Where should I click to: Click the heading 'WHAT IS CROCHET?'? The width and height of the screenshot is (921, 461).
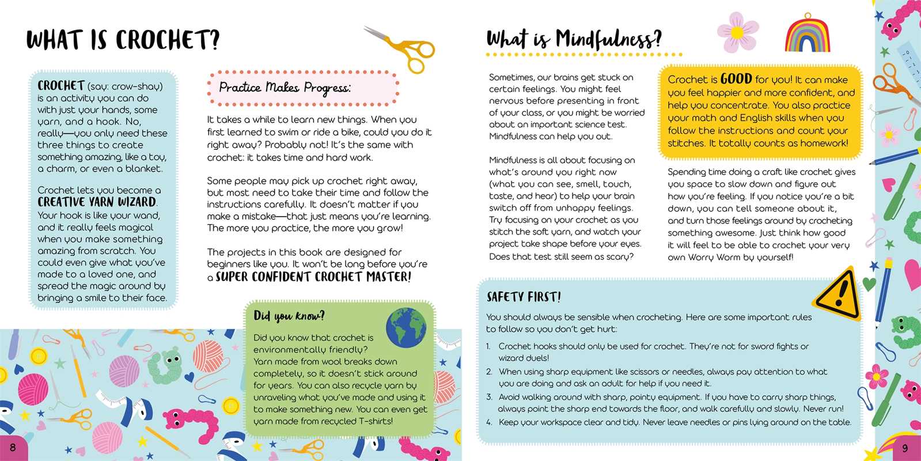123,40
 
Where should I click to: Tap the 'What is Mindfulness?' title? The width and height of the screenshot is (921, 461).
574,39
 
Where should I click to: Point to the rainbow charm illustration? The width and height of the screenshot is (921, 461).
808,35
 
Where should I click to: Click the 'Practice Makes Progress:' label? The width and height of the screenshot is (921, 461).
285,88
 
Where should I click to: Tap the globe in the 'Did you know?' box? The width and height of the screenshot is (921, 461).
406,327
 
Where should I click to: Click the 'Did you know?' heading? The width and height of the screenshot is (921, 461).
289,316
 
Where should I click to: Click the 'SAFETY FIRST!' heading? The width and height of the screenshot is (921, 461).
524,297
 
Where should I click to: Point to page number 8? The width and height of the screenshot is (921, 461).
13,447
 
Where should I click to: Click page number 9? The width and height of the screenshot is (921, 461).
905,448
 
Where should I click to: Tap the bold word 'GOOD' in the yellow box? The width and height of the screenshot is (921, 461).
736,79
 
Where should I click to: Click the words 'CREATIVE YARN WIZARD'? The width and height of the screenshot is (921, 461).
97,202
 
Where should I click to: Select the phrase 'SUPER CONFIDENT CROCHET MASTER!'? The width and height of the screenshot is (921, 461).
313,277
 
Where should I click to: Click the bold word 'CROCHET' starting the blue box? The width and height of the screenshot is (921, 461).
61,86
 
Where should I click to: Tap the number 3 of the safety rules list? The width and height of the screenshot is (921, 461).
489,397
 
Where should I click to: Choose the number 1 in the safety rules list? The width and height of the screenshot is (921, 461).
488,346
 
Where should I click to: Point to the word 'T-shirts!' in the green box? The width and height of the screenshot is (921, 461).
376,421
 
